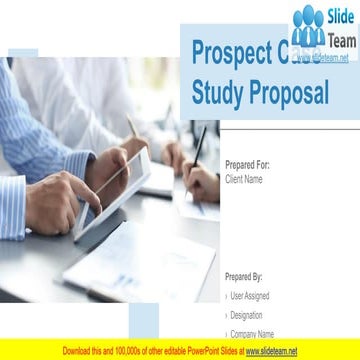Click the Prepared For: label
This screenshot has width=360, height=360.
[247, 165]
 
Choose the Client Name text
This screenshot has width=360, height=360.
[244, 179]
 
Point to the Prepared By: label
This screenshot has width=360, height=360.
[244, 275]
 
